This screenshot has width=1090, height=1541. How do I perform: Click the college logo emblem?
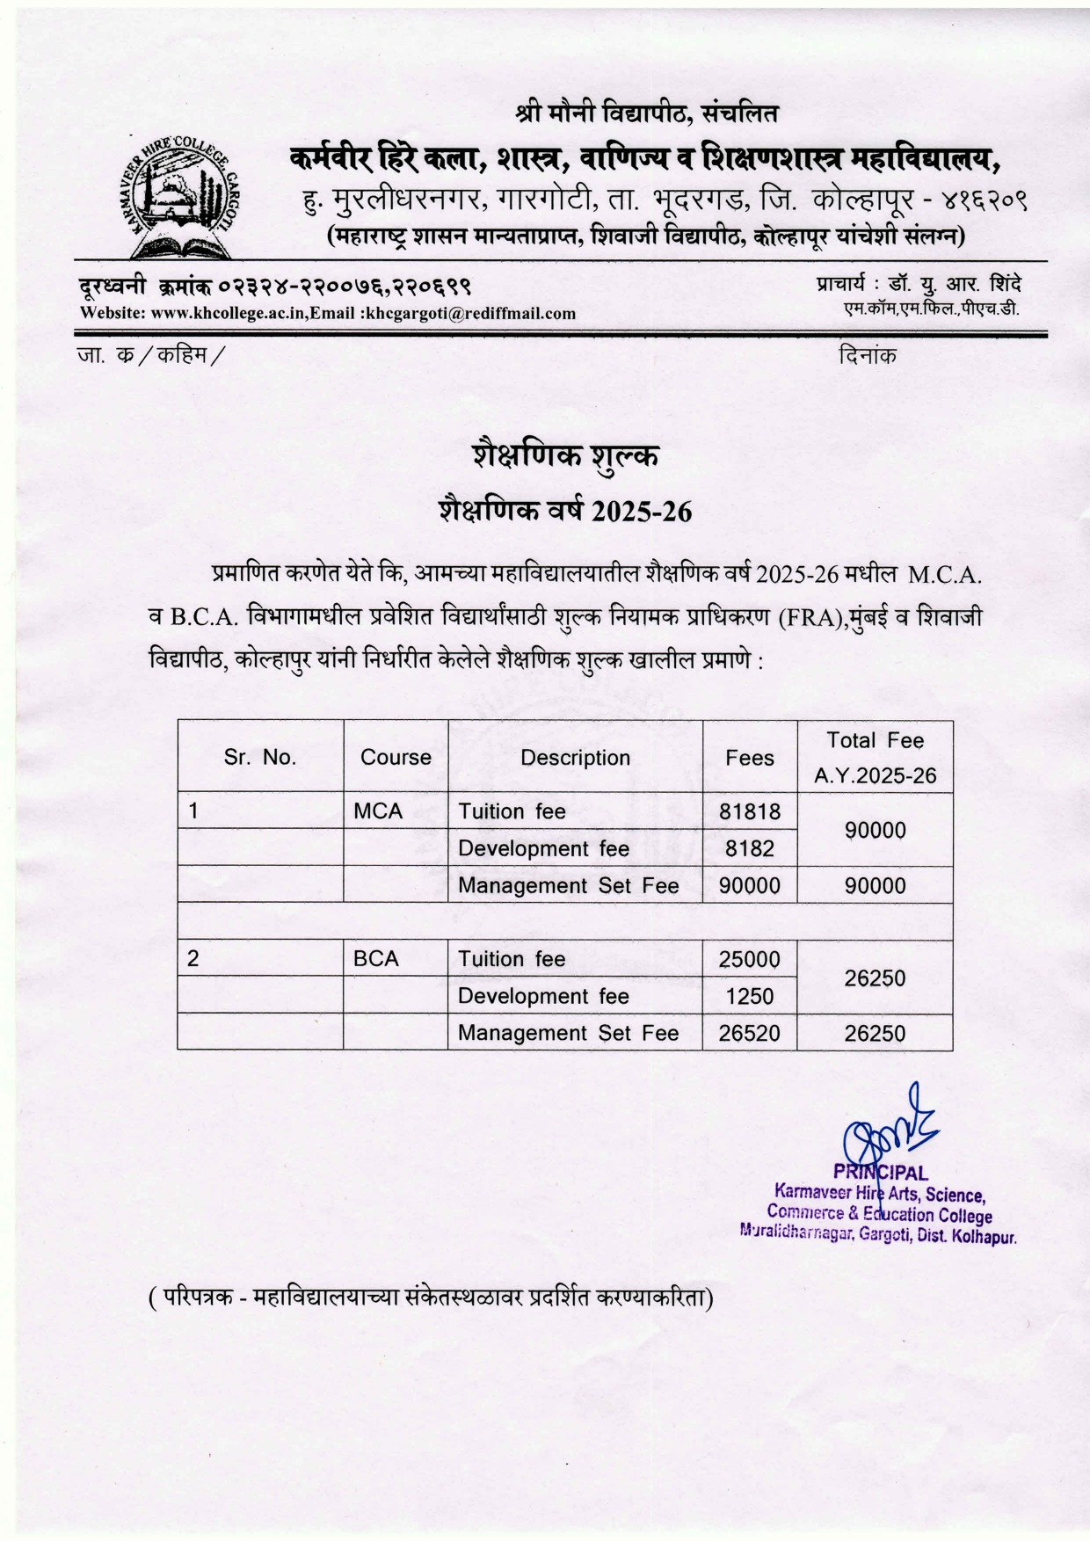click(180, 199)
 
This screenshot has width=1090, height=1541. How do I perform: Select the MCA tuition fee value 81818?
click(750, 810)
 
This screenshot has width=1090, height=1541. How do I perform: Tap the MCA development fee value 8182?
click(750, 848)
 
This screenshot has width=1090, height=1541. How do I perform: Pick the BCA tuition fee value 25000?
click(749, 959)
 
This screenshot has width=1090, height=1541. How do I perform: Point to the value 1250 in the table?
click(750, 996)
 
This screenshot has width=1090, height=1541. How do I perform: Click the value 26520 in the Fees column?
click(749, 1033)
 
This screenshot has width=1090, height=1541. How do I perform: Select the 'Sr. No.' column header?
click(260, 757)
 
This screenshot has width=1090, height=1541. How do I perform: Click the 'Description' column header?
click(575, 758)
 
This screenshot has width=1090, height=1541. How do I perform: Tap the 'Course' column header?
click(396, 758)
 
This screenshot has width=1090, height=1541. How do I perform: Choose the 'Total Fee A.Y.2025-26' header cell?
click(876, 757)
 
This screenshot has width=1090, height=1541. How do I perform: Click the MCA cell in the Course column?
click(378, 811)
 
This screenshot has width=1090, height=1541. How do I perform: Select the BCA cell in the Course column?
click(376, 959)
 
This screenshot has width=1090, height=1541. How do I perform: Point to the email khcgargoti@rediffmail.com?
click(471, 314)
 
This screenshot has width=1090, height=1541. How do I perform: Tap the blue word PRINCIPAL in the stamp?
click(880, 1173)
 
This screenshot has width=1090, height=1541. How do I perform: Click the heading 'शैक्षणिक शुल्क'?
click(565, 455)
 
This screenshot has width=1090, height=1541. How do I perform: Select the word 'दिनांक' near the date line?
click(868, 356)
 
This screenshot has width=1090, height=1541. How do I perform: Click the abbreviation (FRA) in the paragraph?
click(810, 617)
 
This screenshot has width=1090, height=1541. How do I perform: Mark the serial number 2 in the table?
click(193, 959)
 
